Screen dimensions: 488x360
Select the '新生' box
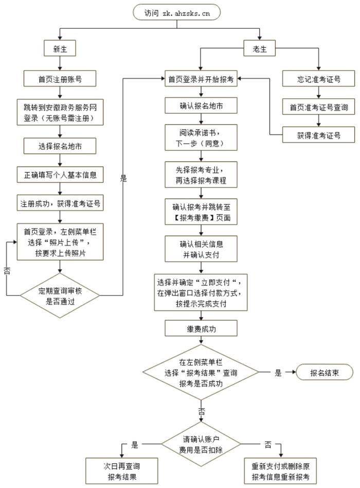(x=60, y=49)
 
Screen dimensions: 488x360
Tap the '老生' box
(x=260, y=49)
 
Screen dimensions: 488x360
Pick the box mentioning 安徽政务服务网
(x=60, y=112)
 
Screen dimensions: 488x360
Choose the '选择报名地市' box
(x=60, y=146)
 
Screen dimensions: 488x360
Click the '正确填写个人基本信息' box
(x=60, y=175)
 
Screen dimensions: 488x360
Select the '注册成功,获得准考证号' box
(x=60, y=203)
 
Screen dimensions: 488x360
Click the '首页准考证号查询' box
(x=319, y=108)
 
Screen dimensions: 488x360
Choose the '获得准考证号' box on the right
(x=319, y=135)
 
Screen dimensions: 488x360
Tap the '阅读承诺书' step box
(x=201, y=136)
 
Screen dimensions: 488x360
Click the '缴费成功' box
(x=201, y=328)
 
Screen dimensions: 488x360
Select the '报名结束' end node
(x=324, y=373)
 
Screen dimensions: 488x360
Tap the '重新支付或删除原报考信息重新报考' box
(x=281, y=470)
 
